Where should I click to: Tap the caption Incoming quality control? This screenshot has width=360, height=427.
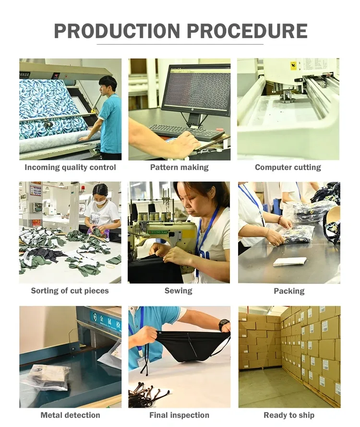pos(70,168)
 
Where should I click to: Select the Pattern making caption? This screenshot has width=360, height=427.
pos(179,168)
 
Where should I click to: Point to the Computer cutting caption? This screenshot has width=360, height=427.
pos(288,168)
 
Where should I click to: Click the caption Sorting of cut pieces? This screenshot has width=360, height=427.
pos(70,291)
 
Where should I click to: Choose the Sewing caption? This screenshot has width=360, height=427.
pos(179,291)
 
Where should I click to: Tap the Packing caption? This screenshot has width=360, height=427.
pos(289,291)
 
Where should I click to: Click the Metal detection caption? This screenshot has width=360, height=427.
pos(70,415)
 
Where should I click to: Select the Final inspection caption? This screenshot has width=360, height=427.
pos(179,415)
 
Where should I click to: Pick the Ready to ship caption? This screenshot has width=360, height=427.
pos(289,415)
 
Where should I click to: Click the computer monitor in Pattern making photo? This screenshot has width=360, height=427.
pos(196,89)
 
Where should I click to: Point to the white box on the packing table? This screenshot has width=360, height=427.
pos(289,261)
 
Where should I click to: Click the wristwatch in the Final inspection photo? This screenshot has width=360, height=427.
pos(223,325)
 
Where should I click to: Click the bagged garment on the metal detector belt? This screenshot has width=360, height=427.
pos(46,377)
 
